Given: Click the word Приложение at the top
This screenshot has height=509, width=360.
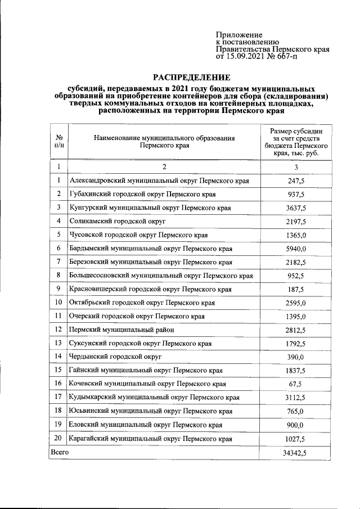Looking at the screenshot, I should [239, 35].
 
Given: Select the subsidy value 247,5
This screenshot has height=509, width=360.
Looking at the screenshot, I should [296, 181].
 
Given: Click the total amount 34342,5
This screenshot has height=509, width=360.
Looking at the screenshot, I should [296, 452].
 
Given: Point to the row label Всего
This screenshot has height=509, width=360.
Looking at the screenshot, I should [60, 452].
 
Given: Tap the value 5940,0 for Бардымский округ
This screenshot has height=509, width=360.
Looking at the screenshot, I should [296, 248].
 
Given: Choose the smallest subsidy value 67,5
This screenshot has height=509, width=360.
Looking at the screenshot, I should [296, 384].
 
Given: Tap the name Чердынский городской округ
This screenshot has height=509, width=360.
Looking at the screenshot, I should [115, 357].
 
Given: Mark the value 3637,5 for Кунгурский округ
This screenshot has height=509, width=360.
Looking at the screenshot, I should [296, 208].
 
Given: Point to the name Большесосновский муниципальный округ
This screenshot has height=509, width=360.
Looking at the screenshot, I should [160, 276].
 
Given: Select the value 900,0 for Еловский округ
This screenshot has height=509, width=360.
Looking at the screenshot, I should [296, 425].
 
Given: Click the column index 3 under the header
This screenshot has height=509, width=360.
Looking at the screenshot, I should [296, 167].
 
